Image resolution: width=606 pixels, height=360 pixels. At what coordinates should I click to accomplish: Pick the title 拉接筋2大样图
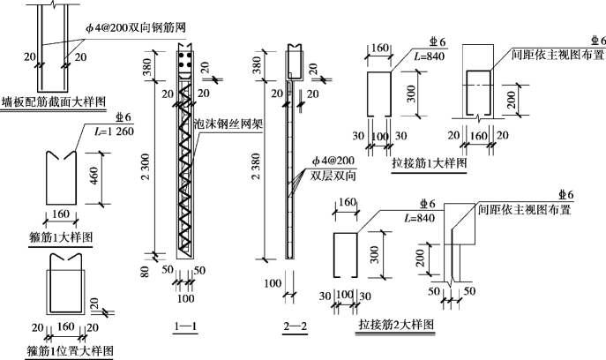[396, 326]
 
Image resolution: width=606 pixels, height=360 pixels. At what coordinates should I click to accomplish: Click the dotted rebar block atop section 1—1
[184, 63]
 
